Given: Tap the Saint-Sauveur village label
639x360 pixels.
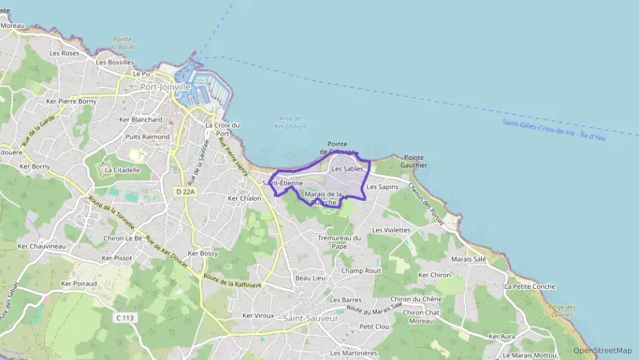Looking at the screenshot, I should (x=311, y=318).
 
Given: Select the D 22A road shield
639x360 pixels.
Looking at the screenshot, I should (x=184, y=193).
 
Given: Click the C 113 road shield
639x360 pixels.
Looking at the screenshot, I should (x=124, y=318).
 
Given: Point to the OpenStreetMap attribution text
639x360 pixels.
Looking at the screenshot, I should (x=602, y=350).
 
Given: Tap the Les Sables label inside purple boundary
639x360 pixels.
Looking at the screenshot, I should (x=347, y=168).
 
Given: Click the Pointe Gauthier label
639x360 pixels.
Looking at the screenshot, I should (x=415, y=161).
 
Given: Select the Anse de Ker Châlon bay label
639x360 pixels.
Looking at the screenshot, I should (x=290, y=122).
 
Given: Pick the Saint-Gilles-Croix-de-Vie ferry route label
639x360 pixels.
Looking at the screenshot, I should (x=554, y=130).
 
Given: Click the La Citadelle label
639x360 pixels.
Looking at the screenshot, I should (x=122, y=170).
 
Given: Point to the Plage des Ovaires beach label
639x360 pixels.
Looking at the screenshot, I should (x=562, y=311).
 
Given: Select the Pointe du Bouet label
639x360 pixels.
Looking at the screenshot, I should (x=123, y=43).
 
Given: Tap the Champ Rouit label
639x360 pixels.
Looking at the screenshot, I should (x=361, y=271).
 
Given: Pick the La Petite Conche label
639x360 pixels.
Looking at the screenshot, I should (x=530, y=286).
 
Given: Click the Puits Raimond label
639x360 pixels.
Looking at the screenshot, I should (x=147, y=137).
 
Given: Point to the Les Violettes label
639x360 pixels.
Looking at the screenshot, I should (x=391, y=230).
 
